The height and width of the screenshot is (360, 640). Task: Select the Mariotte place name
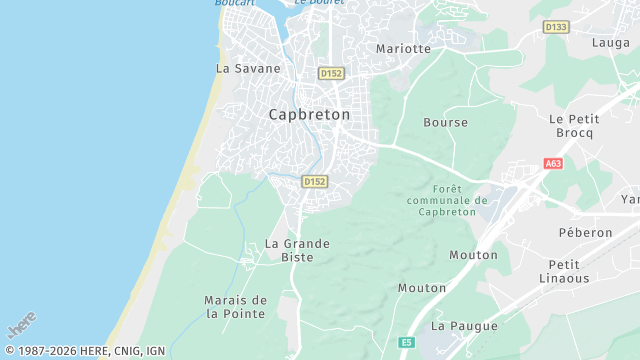pos(403,48)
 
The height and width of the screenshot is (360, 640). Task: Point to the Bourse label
pos(445,123)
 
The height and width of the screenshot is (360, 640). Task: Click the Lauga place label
pos(610,43)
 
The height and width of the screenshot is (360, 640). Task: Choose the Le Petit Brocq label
pos(572,125)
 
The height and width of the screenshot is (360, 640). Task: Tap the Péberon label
pos(585,232)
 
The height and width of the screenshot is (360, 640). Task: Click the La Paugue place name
pos(456,326)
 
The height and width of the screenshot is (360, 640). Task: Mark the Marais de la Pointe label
pos(235,307)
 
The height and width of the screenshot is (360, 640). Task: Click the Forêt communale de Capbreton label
pos(447,200)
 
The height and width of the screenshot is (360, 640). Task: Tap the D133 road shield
pos(556,27)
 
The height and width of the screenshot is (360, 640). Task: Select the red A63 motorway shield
pos(554,163)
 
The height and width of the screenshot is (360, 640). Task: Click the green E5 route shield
pos(406,342)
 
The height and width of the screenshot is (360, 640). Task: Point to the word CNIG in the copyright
pos(125,351)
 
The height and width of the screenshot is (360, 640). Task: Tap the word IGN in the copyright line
pos(155,351)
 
